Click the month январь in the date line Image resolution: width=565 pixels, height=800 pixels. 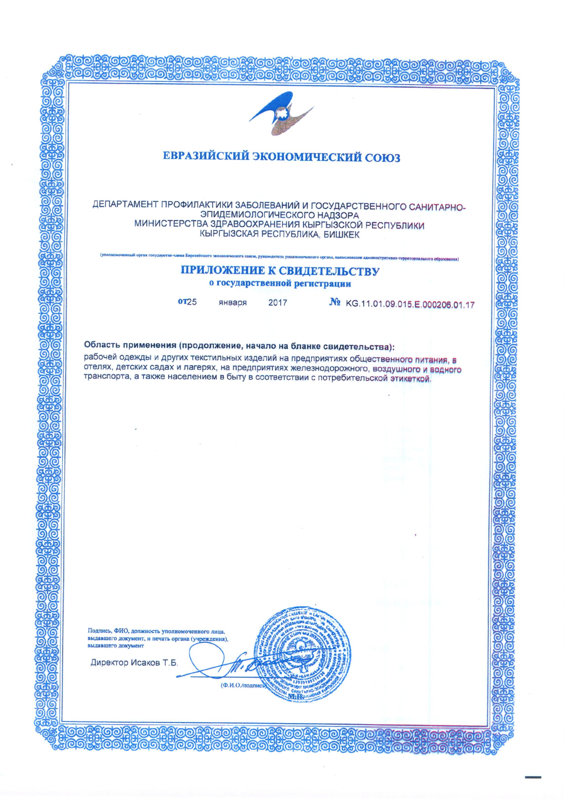[x=233, y=303]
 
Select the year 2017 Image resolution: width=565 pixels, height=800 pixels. [x=277, y=303]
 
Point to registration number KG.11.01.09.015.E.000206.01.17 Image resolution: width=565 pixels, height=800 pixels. [x=410, y=304]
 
